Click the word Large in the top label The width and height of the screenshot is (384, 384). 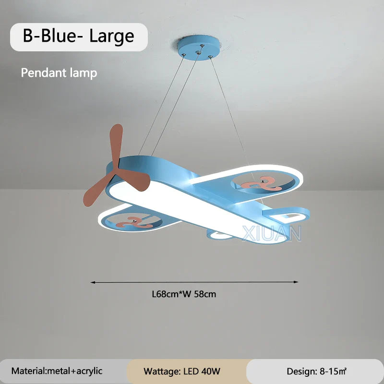point(112,36)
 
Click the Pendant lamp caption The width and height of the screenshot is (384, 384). point(59,73)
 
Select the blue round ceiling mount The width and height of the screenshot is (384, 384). point(199,48)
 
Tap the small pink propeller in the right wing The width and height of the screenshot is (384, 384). point(261,184)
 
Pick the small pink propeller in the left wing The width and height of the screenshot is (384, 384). point(134,222)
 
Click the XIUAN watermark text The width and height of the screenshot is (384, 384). point(272,233)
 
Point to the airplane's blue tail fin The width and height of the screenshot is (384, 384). point(286,215)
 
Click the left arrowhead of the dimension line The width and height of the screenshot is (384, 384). point(93,282)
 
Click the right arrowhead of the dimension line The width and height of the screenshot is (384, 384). point(296,282)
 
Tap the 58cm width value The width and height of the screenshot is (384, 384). point(205,294)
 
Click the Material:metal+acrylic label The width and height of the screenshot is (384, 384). point(57,371)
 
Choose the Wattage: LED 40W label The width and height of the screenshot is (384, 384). point(182,371)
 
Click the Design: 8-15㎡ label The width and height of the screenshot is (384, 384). point(317,371)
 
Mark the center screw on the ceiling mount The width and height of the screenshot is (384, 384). point(198,53)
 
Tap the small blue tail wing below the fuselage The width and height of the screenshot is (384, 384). point(220,235)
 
